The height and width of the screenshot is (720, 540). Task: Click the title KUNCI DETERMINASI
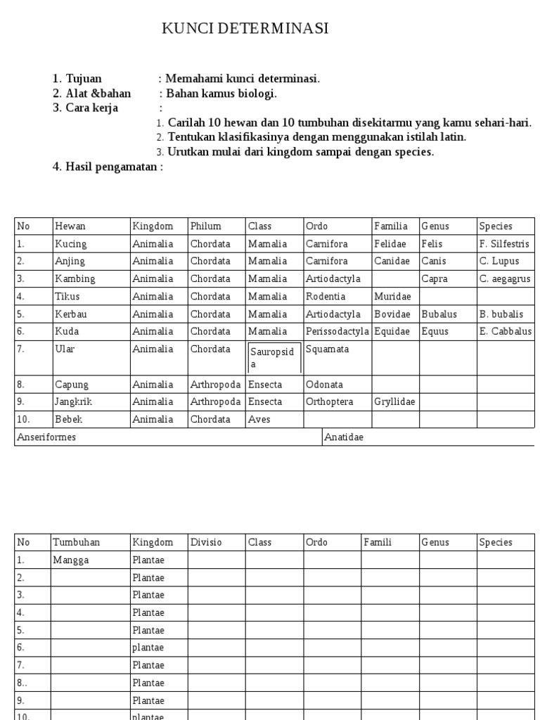point(245,29)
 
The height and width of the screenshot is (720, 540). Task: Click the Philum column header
point(205,226)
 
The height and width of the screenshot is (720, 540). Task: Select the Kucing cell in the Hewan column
point(71,244)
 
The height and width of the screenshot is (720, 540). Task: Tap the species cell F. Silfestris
point(504,244)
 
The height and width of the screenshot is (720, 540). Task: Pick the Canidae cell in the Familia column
point(392,262)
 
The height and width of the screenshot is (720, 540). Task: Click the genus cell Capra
point(435,279)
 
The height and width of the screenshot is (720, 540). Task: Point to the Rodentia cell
point(326,297)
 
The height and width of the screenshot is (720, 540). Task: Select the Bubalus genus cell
point(439,314)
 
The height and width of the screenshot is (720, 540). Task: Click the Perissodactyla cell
point(337,331)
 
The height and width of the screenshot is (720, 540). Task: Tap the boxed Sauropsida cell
point(274,358)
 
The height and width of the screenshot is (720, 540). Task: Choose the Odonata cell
point(324,385)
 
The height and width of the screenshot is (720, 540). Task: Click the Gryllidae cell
point(394,402)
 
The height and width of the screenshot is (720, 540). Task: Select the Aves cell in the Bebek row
point(259,420)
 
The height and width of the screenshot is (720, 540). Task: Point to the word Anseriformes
point(46,437)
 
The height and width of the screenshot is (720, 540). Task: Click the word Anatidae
point(344,437)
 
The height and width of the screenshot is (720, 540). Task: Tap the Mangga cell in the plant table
point(70,560)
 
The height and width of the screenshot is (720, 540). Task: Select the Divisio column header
point(206,542)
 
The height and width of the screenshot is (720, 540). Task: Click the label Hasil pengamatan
point(108,167)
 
